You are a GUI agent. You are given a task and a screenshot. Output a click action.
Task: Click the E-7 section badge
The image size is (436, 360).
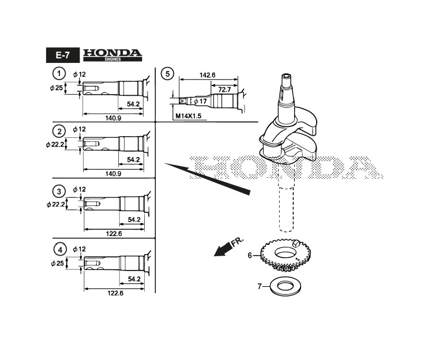coord(63,55)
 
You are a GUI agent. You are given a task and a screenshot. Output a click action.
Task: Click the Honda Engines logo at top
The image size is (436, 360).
coord(112,55)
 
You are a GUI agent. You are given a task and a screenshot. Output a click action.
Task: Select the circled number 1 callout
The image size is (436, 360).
coord(59,74)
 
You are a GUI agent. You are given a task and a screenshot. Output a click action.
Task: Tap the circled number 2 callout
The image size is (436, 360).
coord(59,132)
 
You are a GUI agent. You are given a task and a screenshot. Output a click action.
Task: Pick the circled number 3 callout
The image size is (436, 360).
coord(59,192)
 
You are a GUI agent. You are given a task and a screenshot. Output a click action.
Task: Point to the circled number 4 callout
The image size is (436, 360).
coord(60,250)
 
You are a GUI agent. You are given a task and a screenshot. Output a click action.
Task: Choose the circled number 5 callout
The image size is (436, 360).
coord(167,74)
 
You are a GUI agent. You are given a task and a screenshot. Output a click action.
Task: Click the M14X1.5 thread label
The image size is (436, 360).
coord(188,116)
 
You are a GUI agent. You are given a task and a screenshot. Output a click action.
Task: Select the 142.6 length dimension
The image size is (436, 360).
coord(208,75)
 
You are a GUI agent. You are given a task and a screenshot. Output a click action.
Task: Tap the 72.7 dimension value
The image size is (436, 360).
coord(224,89)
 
